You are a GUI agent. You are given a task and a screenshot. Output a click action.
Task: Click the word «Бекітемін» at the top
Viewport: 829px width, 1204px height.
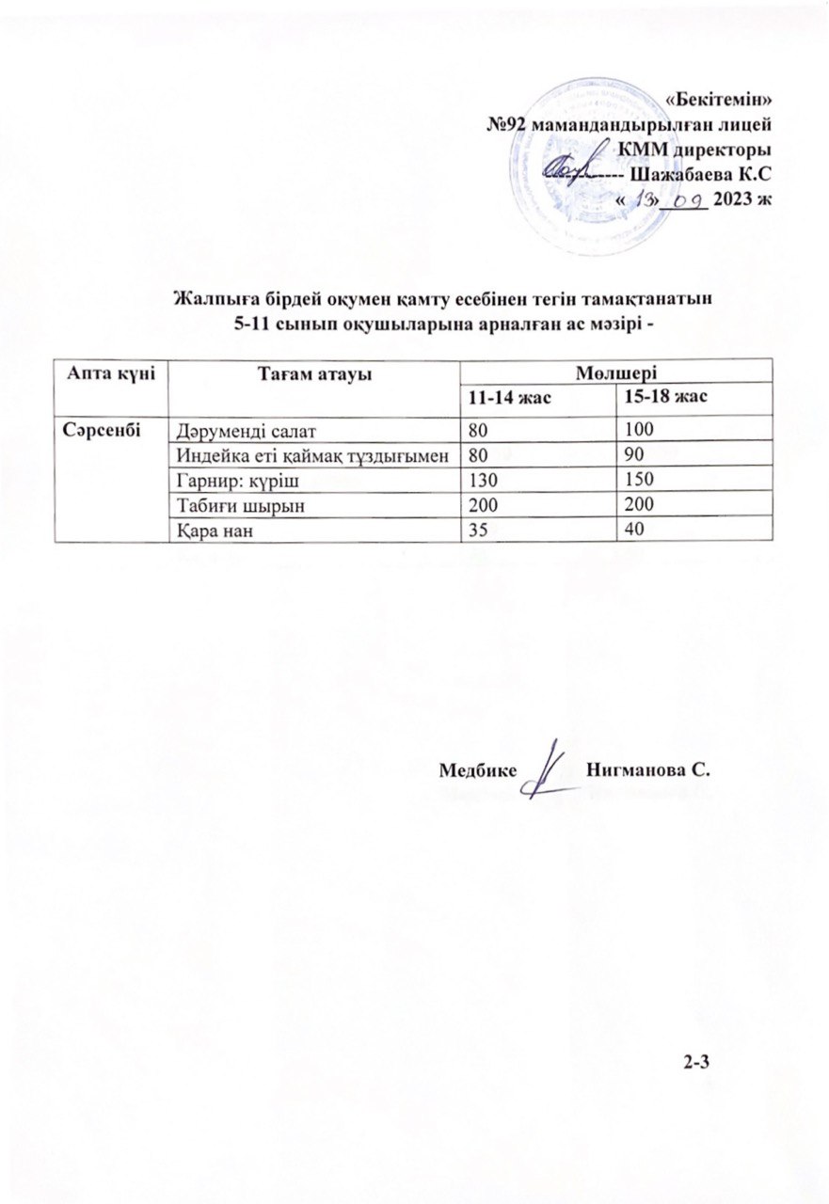719,100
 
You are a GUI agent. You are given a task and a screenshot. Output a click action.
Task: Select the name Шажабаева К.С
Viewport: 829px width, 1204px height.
698,175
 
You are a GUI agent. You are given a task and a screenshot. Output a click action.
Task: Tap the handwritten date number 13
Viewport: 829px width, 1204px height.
646,199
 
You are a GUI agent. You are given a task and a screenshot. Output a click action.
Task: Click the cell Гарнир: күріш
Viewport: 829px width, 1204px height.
226,482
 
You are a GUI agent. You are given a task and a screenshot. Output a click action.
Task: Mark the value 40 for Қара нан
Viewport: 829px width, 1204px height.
623,531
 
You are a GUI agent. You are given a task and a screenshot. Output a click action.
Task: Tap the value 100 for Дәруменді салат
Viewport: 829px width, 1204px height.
628,431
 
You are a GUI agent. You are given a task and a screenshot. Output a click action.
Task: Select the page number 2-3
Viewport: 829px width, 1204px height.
696,1063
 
